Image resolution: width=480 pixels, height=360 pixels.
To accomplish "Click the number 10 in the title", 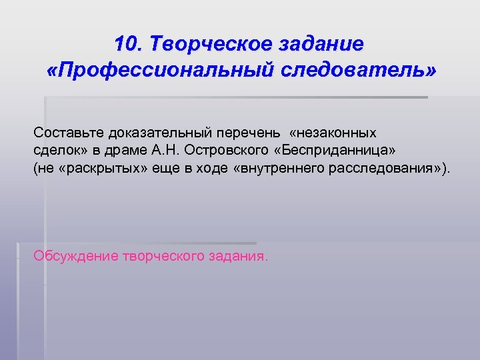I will coord(126,44).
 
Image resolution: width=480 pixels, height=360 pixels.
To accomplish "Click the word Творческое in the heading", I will coord(211,44).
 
